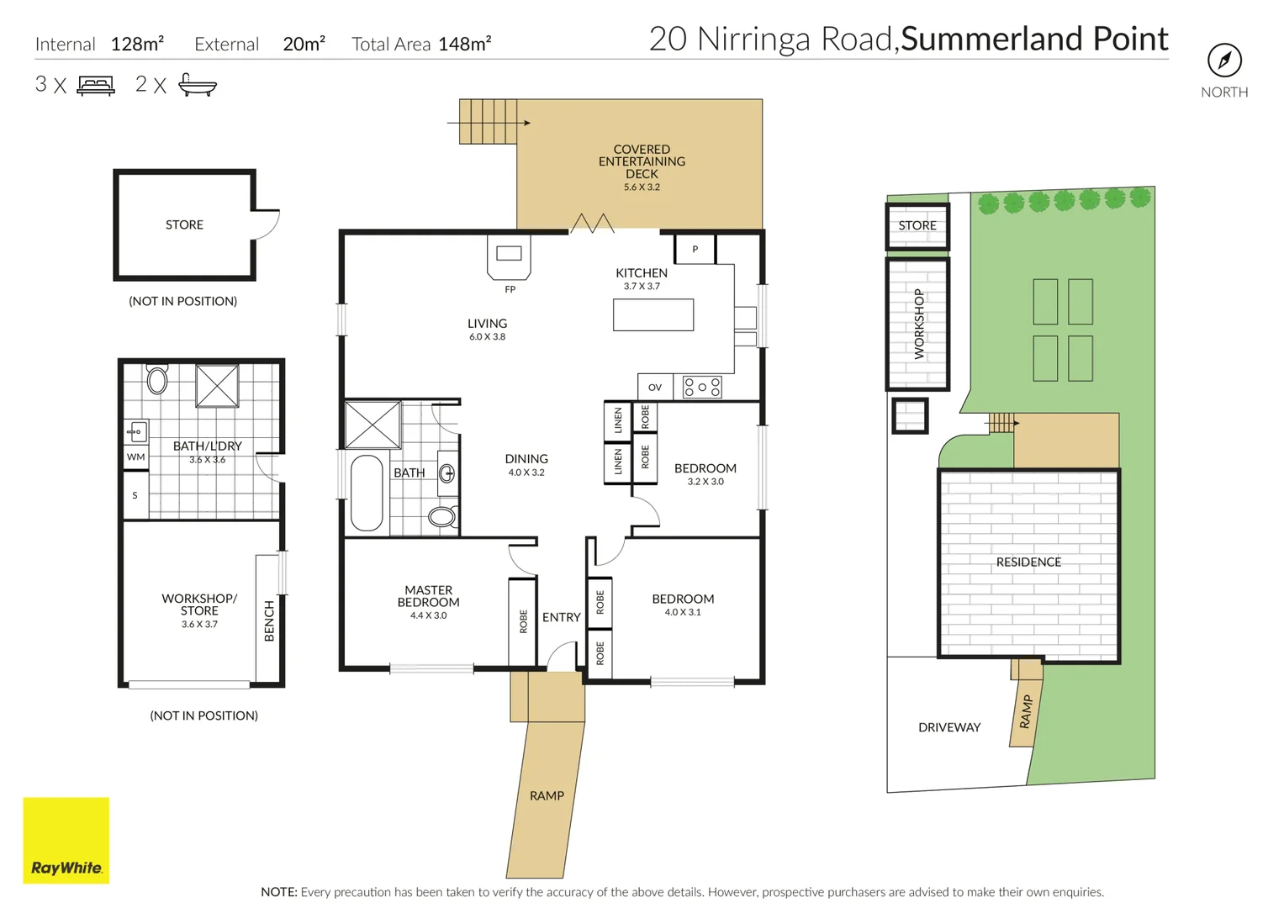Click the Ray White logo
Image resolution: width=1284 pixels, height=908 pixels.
click(66, 840)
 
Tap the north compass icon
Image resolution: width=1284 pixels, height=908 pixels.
click(1224, 61)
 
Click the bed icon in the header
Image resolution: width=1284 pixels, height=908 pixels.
click(97, 85)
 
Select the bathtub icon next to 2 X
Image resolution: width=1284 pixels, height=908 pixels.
click(198, 85)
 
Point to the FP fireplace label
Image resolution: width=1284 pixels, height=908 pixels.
click(510, 289)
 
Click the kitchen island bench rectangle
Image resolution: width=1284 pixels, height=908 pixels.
click(653, 314)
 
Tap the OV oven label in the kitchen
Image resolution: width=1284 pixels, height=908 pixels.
click(654, 388)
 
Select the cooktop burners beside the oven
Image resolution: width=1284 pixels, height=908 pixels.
click(702, 387)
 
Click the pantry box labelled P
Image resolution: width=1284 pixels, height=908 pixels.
click(695, 249)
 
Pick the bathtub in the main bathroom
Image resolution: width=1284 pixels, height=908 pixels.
click(367, 493)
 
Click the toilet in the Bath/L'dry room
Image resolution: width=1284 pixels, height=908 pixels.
click(157, 379)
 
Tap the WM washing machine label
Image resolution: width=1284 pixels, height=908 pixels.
click(136, 457)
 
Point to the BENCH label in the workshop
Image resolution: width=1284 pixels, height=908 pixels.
click(269, 620)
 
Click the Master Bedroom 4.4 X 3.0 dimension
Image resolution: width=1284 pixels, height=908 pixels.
click(428, 615)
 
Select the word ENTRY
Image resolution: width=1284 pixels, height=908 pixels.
click(562, 617)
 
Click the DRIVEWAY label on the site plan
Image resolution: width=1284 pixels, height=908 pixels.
click(949, 727)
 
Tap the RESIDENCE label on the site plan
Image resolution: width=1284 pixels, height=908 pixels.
click(1028, 562)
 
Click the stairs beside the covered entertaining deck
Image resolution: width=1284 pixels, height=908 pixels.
click(488, 122)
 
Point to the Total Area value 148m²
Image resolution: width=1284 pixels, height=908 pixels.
click(464, 44)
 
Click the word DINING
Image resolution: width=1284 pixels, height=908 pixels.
click(526, 458)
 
